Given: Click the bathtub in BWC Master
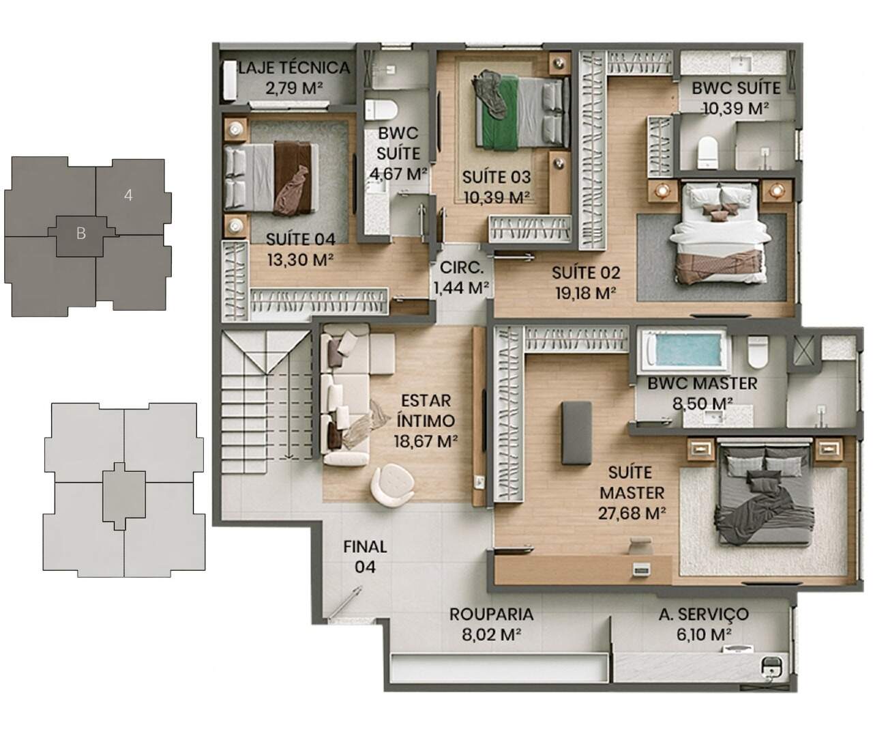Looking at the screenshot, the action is tap(684, 351).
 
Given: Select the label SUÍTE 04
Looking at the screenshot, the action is tap(301, 239).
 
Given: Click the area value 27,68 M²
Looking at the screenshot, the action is tap(632, 513).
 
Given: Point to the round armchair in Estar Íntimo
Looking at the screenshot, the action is tap(392, 485).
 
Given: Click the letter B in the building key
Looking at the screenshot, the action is tap(81, 234).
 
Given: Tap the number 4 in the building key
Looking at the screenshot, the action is tap(128, 195).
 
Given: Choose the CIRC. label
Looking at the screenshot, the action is tap(462, 268).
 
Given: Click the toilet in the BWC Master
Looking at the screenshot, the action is tap(758, 352).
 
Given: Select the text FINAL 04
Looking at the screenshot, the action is tap(365, 556).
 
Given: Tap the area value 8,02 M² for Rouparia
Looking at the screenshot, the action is tap(491, 634).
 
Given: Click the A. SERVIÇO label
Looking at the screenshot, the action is tap(704, 614).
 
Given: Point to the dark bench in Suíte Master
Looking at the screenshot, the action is tap(576, 432).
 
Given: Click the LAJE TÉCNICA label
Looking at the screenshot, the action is tap(293, 68).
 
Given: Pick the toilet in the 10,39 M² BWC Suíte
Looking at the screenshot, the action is tap(707, 152).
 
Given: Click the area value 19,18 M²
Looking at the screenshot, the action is tap(586, 293).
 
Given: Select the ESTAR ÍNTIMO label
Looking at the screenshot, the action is tap(426, 410).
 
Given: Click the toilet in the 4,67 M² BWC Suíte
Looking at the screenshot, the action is tap(381, 110).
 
